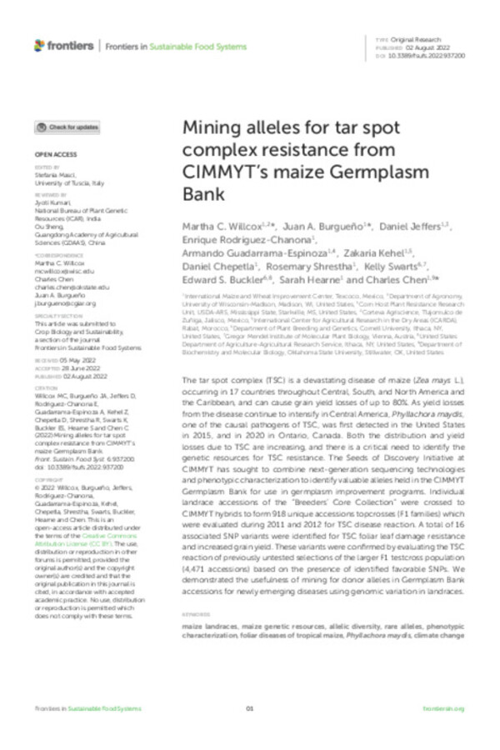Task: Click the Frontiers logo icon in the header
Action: [40, 44]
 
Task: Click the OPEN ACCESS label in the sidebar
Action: [55, 155]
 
